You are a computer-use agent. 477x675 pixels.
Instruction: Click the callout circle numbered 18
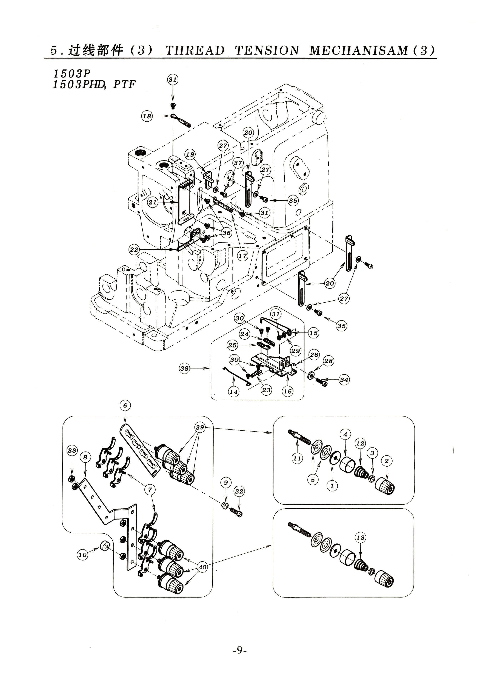pyautogui.click(x=147, y=116)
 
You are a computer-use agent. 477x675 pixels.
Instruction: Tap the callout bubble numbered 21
pyautogui.click(x=153, y=202)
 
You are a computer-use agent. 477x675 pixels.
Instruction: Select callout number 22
pyautogui.click(x=134, y=250)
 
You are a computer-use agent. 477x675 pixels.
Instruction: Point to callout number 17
pyautogui.click(x=243, y=256)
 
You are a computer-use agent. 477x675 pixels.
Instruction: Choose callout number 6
pyautogui.click(x=125, y=405)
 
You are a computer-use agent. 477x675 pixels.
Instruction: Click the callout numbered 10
pyautogui.click(x=83, y=555)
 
